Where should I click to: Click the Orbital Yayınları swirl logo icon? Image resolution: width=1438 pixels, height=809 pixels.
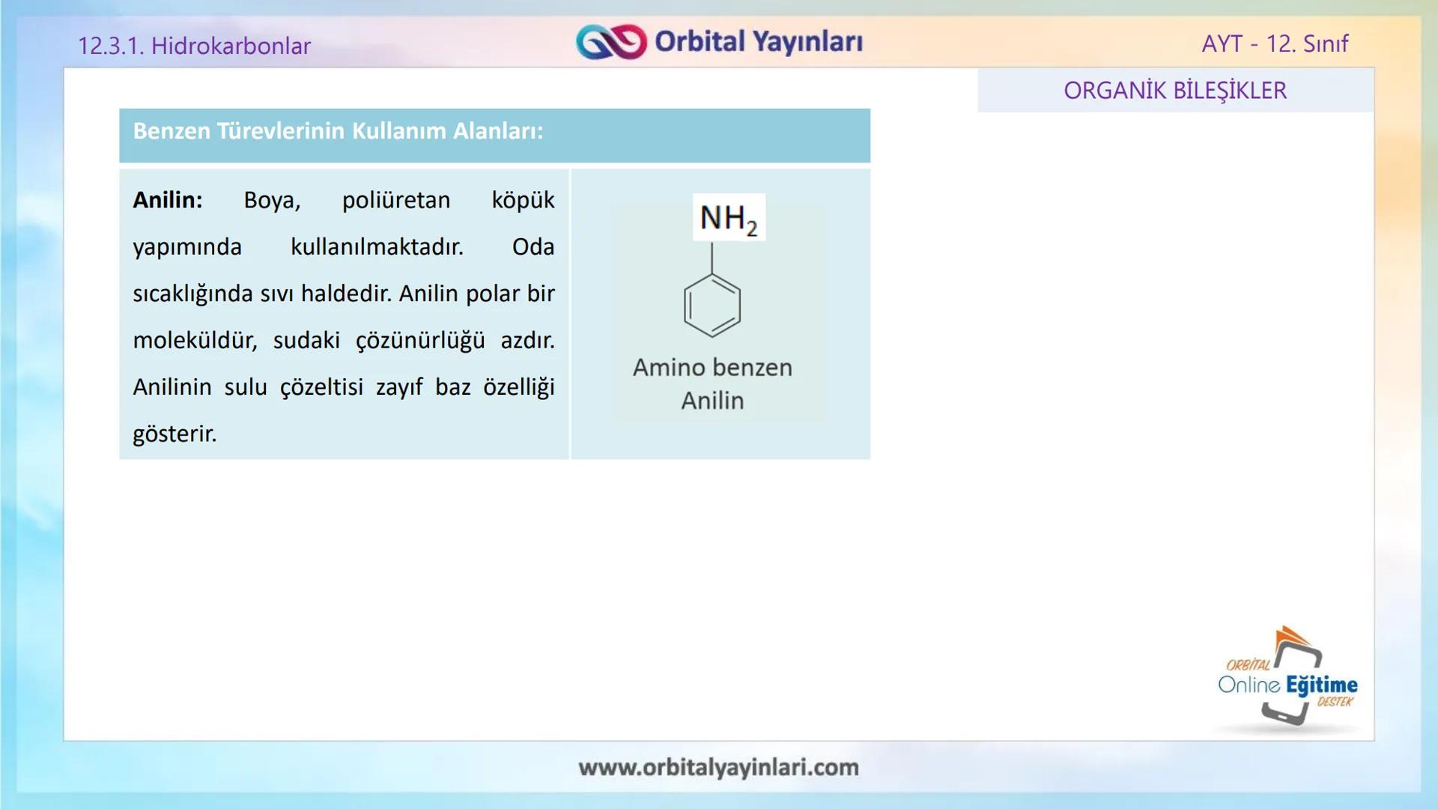coord(610,42)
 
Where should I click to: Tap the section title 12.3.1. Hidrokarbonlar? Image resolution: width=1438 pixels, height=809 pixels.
coord(194,46)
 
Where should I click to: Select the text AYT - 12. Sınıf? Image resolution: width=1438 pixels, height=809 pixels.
coord(1274,43)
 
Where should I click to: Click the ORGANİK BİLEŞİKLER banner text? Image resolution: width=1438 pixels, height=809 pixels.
coord(1175,91)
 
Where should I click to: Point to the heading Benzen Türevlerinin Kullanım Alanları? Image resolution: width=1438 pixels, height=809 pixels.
coord(338,131)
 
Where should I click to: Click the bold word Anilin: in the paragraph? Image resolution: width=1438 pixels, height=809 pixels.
coord(168,200)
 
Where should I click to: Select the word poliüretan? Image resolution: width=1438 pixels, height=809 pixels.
coord(396,200)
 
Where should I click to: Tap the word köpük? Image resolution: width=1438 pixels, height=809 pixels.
coord(523,200)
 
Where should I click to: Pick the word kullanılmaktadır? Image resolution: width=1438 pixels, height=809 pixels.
coord(377,246)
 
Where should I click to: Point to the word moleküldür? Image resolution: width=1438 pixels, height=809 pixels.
coord(195,340)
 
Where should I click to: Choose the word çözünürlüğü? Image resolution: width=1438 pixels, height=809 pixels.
coord(420,340)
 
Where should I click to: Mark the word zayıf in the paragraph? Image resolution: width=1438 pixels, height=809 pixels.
coord(399,387)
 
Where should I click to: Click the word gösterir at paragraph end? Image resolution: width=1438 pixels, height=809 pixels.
coord(175,434)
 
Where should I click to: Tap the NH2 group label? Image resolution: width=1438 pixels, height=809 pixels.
coord(729,218)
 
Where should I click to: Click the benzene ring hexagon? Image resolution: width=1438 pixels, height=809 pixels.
coord(712,306)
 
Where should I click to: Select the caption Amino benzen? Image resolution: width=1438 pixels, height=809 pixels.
coord(712,368)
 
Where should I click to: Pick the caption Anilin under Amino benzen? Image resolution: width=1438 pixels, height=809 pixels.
coord(712,401)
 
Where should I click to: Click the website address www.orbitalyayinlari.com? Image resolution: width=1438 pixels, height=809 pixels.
coord(718,767)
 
